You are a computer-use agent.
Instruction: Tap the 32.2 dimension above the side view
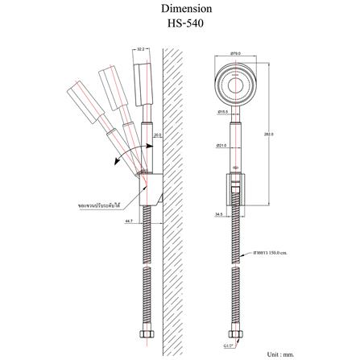coord(142,49)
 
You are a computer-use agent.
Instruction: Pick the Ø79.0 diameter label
coord(235,53)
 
